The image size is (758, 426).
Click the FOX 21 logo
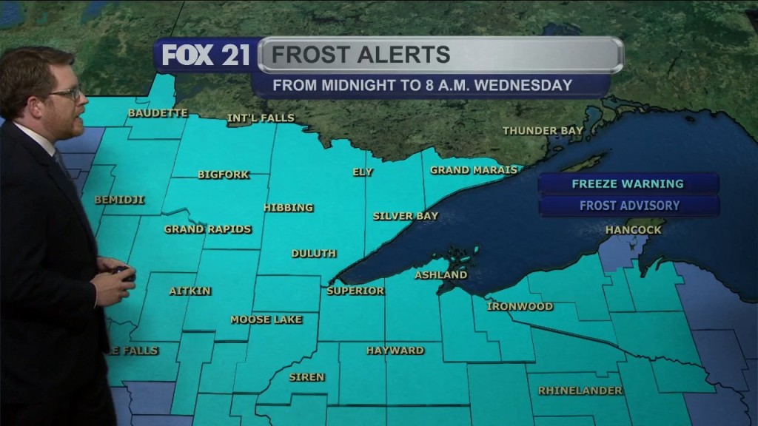(206, 55)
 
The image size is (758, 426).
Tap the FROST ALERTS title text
(360, 55)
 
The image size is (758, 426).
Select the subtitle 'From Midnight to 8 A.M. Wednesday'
(422, 85)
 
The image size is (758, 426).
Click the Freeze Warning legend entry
(628, 183)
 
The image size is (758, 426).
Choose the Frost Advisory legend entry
(629, 206)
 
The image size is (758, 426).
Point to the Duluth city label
(314, 253)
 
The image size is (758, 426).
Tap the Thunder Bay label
(543, 131)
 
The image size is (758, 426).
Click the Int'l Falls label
(261, 118)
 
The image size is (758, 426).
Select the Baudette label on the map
(158, 113)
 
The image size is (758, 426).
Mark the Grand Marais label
(474, 170)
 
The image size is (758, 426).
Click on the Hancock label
(633, 230)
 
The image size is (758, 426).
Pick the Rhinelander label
(580, 390)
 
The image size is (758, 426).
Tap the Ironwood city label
(520, 306)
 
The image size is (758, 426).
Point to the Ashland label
(440, 275)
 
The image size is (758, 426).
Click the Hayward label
(395, 351)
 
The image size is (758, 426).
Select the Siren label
(306, 377)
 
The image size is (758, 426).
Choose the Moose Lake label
(266, 319)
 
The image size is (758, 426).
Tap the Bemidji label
(119, 200)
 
